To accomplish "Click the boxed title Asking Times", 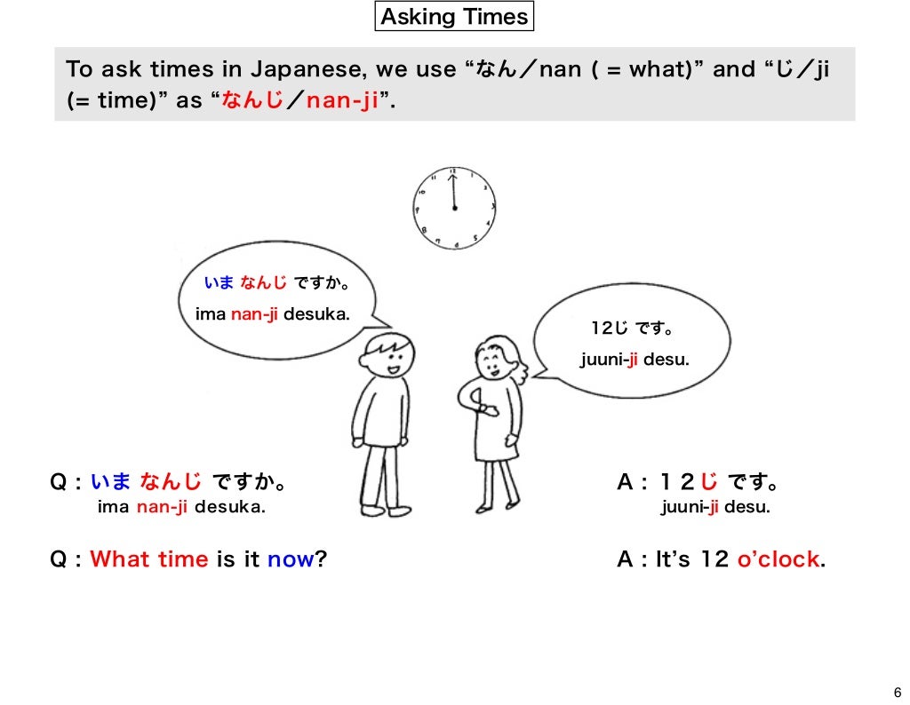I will click(454, 17).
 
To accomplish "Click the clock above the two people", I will click(454, 208).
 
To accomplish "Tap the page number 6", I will click(896, 693).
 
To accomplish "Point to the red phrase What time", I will click(149, 560).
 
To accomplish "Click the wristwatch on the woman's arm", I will click(486, 409).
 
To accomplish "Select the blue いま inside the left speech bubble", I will click(218, 283).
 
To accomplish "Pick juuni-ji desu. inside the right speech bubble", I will click(635, 360).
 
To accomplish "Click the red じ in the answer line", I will click(708, 483).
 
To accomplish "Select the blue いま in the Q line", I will click(111, 483).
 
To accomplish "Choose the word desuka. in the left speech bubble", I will click(317, 313).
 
